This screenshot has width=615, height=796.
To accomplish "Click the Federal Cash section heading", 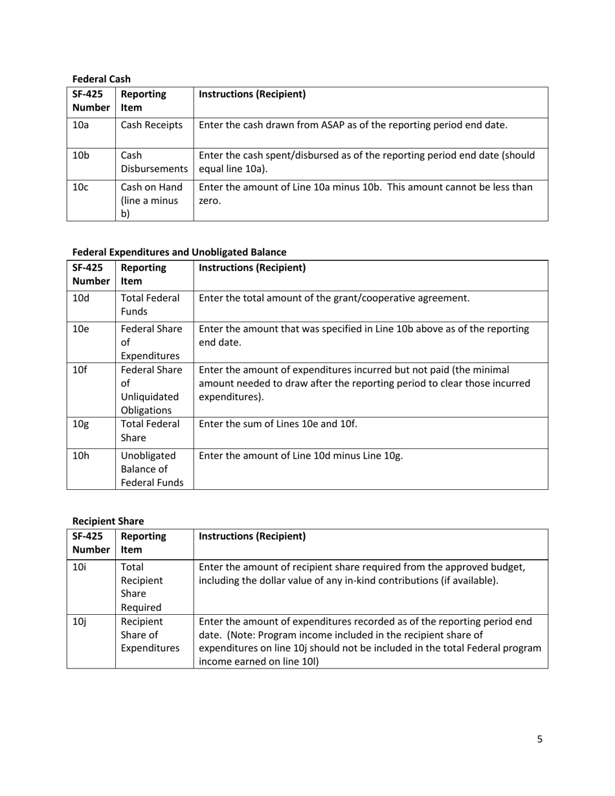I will (x=101, y=79).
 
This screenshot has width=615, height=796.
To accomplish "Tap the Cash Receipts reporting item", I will (x=151, y=125).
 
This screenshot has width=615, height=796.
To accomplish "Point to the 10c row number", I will (x=80, y=187).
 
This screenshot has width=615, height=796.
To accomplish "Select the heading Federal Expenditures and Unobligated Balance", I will (x=179, y=252).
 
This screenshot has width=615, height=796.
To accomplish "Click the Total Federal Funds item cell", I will (x=150, y=305).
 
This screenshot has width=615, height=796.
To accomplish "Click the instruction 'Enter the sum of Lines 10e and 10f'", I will (x=278, y=425).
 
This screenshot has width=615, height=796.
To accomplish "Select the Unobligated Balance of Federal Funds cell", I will (x=151, y=469).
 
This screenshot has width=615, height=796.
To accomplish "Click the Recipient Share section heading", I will (x=107, y=521).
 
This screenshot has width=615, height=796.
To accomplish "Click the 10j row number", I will (x=78, y=622).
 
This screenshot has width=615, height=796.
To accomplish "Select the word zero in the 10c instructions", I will (x=209, y=201).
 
